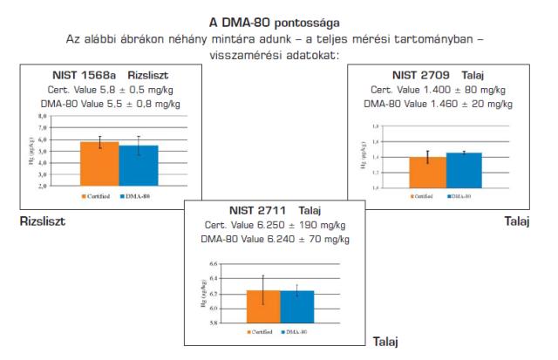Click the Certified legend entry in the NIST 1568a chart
coord(97,197)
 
